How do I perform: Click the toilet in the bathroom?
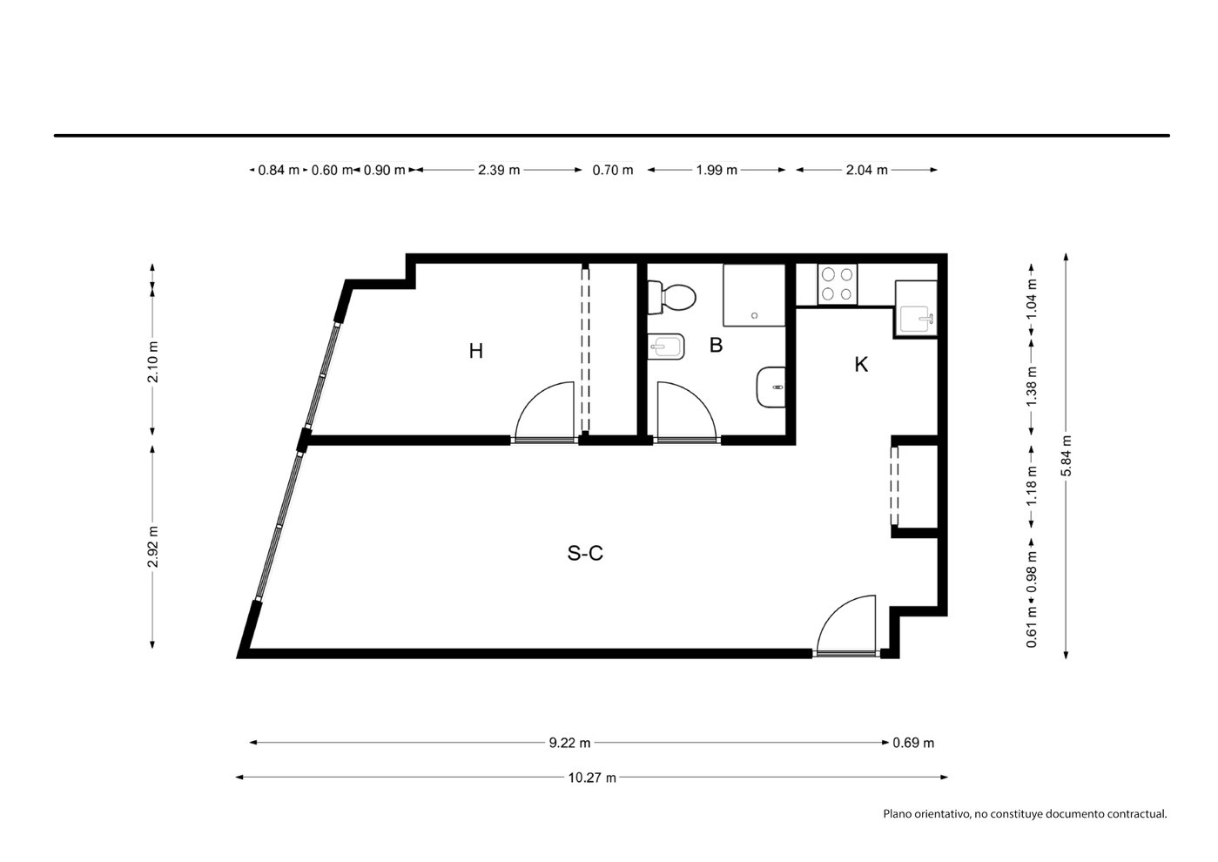tap(671, 297)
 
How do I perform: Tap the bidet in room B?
tap(665, 346)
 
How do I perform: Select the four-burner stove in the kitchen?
tap(837, 285)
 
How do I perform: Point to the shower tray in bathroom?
tap(754, 295)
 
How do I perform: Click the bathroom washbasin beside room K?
tap(771, 387)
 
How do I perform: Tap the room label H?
tap(475, 351)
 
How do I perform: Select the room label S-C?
tap(585, 553)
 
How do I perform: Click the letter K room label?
tap(861, 364)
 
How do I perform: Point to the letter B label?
tap(717, 345)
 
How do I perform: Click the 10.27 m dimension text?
tap(592, 778)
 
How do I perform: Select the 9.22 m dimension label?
tap(569, 743)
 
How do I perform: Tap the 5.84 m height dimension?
tap(1067, 455)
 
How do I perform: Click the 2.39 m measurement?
tap(499, 171)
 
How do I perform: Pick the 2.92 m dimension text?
tap(152, 547)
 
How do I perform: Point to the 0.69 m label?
tap(913, 743)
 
